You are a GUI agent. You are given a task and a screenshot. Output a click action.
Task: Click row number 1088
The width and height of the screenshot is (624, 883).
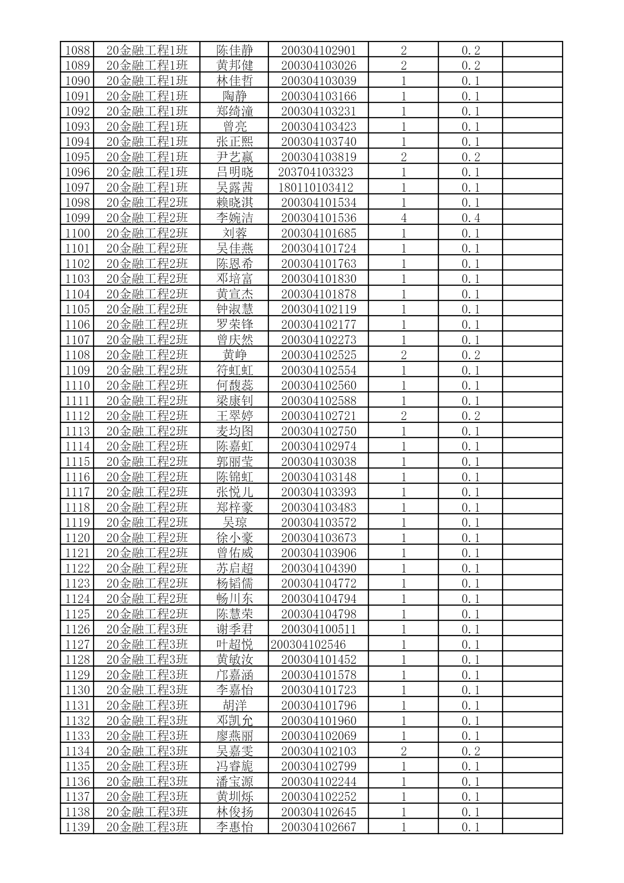click(x=77, y=50)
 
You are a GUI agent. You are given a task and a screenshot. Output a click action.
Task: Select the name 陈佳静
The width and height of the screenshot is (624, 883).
click(x=234, y=50)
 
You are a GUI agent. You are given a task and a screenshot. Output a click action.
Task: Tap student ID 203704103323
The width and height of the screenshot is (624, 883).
click(x=315, y=172)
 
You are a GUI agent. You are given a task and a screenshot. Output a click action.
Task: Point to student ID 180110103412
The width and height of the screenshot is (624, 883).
click(x=315, y=188)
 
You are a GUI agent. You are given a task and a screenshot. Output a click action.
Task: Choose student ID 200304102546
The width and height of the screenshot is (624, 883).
click(x=308, y=645)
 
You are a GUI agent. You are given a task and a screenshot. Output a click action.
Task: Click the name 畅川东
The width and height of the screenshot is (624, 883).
click(x=234, y=599)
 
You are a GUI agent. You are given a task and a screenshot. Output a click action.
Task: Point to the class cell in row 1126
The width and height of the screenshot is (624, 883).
click(x=147, y=629)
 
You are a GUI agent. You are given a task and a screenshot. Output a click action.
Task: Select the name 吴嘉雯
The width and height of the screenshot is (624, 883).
click(x=234, y=751)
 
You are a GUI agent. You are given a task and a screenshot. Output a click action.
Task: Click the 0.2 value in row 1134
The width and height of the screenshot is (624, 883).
click(x=471, y=751)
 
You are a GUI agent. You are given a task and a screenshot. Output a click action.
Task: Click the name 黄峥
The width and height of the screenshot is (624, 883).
click(x=234, y=355)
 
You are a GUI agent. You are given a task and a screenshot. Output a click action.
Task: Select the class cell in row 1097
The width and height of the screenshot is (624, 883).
click(x=147, y=188)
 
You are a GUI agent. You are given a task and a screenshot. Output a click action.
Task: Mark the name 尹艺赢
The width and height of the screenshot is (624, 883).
click(x=234, y=157)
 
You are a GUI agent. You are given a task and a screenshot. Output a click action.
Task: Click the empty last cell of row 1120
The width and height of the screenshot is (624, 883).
click(x=532, y=537)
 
